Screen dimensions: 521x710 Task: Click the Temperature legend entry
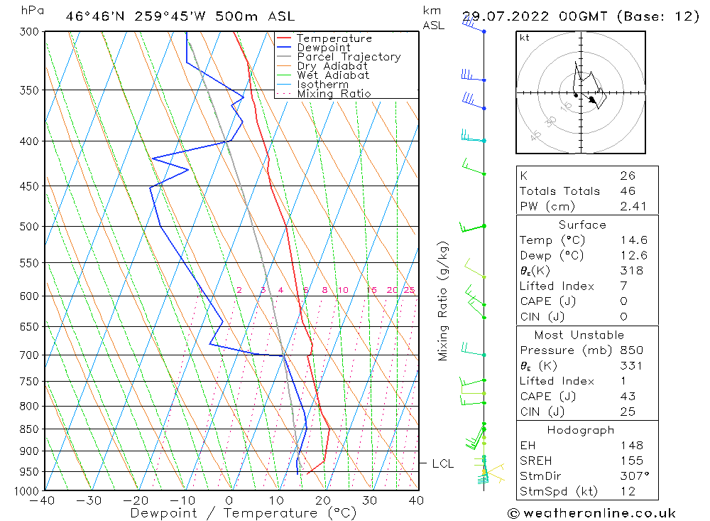click(334, 38)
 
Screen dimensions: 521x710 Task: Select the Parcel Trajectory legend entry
click(349, 57)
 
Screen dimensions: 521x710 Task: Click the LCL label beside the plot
click(443, 463)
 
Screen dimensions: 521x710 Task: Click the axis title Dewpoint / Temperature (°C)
click(233, 512)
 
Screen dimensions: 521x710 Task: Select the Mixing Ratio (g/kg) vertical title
click(444, 301)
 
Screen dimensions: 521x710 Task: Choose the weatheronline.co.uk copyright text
click(591, 512)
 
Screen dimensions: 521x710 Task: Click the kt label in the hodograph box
click(525, 38)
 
